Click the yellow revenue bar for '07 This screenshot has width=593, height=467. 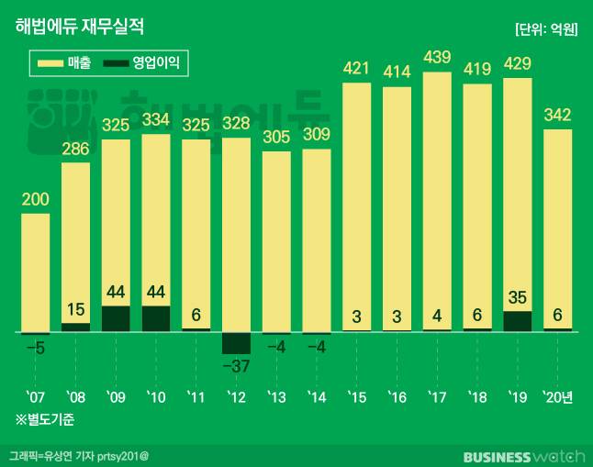(x=36, y=272)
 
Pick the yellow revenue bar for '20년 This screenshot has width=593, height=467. (x=558, y=229)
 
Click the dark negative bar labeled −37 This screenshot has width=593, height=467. (x=236, y=342)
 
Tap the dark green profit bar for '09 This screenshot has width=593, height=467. (x=116, y=318)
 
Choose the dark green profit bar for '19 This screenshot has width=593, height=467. (x=518, y=321)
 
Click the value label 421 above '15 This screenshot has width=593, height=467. (x=356, y=68)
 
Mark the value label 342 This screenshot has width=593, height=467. (x=558, y=115)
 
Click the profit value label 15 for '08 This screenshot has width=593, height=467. (x=75, y=309)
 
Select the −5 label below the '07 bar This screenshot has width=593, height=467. (x=35, y=348)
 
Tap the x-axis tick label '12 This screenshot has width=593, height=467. (x=236, y=396)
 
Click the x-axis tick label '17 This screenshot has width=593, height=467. (x=437, y=396)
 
